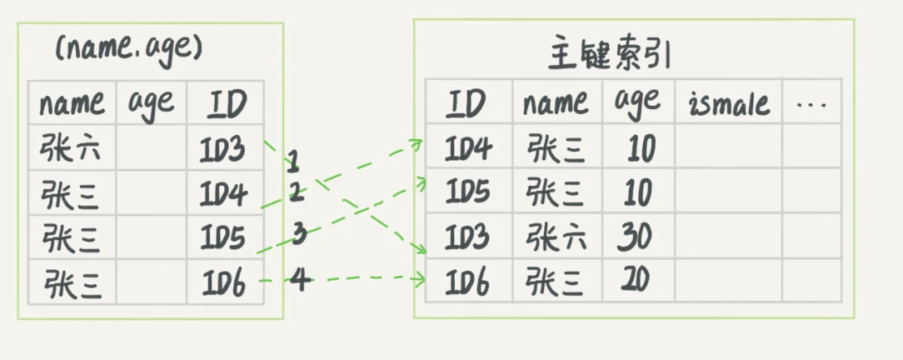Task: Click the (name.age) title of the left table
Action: click(x=128, y=48)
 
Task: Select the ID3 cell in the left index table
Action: click(x=223, y=151)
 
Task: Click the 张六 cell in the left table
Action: click(x=72, y=150)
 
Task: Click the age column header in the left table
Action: click(x=151, y=104)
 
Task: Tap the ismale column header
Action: click(x=728, y=104)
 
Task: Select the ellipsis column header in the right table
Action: click(x=811, y=104)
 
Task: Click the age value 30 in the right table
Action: click(x=636, y=239)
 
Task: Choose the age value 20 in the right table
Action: click(x=636, y=281)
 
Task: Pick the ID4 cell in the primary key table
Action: click(x=468, y=150)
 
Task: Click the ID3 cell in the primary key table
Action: click(x=468, y=239)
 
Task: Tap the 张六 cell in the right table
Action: click(x=556, y=239)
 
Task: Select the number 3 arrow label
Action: click(x=298, y=234)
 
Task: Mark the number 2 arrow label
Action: click(x=296, y=192)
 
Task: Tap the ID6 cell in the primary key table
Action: click(x=468, y=281)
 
